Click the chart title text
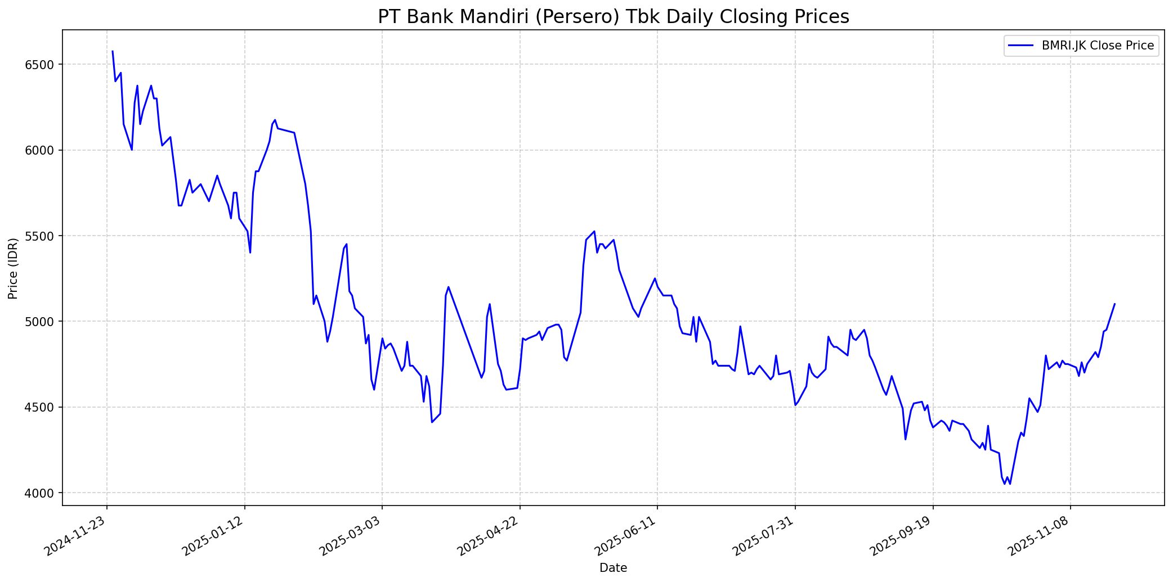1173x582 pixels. (613, 17)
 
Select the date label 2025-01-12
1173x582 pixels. (214, 537)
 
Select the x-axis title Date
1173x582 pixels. (613, 568)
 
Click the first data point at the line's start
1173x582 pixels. (113, 51)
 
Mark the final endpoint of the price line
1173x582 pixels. (1115, 304)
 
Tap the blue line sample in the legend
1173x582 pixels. (1022, 46)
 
